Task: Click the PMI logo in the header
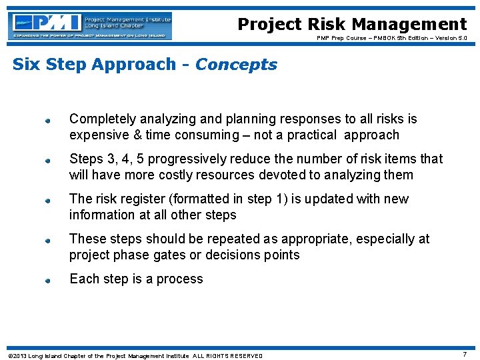point(91,25)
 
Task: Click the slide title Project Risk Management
point(352,25)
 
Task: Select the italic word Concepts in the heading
point(236,65)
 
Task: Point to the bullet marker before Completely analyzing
point(48,121)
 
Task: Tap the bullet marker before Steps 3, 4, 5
point(48,161)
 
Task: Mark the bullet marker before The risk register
point(48,201)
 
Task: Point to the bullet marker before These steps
point(48,241)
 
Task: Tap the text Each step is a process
point(136,279)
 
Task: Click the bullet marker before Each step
point(48,281)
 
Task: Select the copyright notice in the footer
point(135,355)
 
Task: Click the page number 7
point(465,354)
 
